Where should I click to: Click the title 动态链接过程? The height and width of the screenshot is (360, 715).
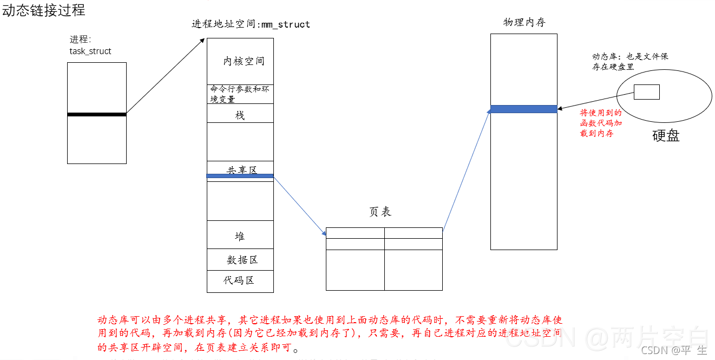43,10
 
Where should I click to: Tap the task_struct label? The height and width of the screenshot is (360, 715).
90,51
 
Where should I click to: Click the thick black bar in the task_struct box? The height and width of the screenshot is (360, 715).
97,114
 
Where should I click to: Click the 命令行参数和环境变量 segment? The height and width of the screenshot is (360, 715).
239,94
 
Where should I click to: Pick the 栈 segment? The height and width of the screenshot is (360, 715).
240,115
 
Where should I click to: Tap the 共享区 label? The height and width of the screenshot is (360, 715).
241,170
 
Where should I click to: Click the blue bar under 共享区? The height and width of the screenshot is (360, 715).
240,176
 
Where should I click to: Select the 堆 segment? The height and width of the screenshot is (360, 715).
240,236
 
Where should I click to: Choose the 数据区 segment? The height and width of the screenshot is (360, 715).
242,260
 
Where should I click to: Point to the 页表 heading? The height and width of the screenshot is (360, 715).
380,212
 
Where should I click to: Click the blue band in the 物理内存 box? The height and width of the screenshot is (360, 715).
523,109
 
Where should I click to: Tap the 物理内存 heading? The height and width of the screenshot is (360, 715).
524,22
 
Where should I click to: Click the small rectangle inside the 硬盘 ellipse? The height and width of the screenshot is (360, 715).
646,92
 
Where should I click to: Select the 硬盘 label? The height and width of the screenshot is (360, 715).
665,135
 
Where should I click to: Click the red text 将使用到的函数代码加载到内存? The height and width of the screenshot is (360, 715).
601,123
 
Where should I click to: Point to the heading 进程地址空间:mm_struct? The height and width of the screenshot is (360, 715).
251,24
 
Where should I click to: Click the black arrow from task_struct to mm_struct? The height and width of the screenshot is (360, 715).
165,76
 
